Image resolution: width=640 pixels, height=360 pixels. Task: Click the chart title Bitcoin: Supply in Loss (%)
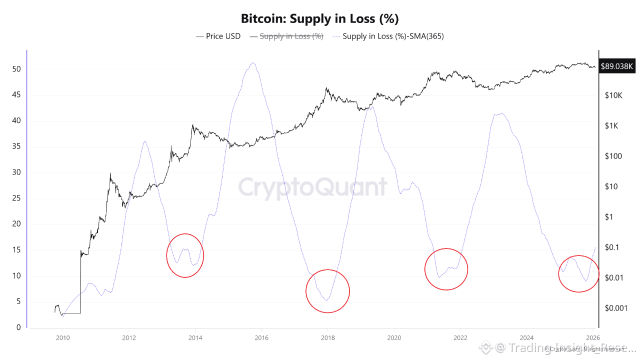pos(320,19)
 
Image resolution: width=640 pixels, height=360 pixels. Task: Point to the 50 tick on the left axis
pos(17,69)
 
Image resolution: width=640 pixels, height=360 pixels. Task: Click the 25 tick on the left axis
pos(17,198)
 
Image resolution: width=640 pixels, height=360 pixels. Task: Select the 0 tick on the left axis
pos(19,327)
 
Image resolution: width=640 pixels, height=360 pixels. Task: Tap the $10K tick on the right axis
pos(613,95)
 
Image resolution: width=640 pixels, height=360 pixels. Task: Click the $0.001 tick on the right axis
pos(616,308)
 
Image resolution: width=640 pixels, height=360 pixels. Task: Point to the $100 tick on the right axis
pos(613,156)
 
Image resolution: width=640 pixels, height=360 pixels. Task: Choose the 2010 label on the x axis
pos(62,338)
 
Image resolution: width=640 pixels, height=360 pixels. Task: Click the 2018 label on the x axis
pos(327,338)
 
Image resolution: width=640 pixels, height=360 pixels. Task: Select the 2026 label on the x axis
pos(593,338)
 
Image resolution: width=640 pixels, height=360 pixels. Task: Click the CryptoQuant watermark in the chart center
pos(312,187)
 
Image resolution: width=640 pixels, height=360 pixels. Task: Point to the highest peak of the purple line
pos(253,63)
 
